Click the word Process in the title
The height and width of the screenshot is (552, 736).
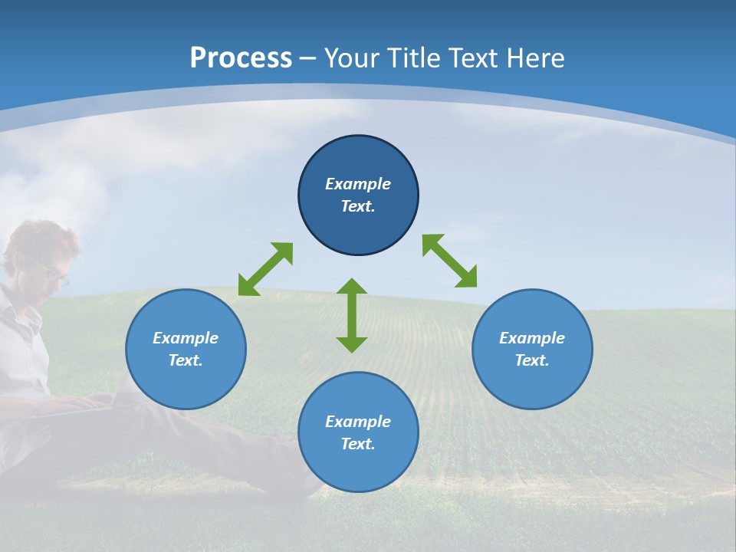coord(241,58)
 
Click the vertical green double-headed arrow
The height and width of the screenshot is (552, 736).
coord(352,316)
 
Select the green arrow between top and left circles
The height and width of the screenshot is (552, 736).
coord(265,269)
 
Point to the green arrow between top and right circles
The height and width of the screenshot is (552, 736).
coord(449,261)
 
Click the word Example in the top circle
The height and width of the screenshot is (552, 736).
coord(358,184)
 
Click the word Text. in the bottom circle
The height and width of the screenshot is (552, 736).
coord(358,444)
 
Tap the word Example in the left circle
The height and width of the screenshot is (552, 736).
coord(186,338)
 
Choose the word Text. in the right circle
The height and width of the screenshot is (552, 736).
coord(532,360)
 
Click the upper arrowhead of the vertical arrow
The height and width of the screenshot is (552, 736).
coord(352,287)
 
